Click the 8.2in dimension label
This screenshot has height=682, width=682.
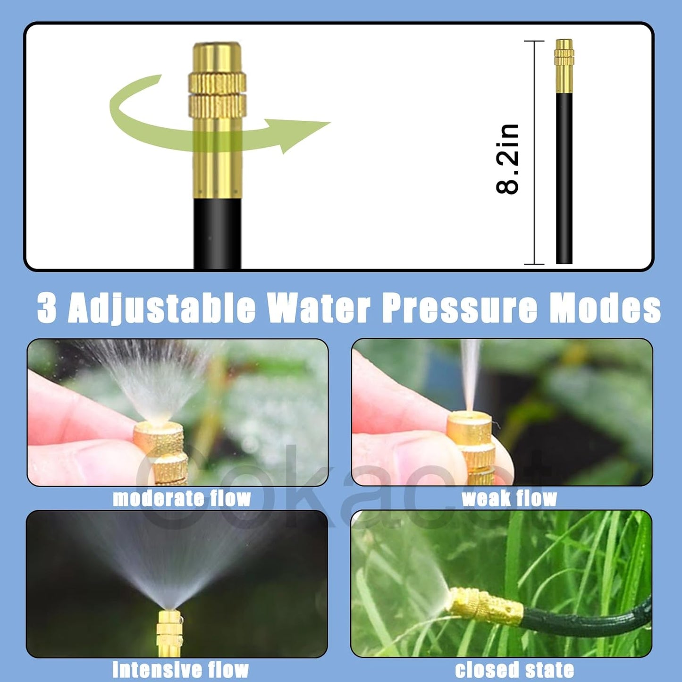point(508,159)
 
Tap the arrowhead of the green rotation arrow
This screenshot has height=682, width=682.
point(302,134)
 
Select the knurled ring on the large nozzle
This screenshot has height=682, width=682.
point(217,94)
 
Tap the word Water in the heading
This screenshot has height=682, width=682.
point(319,308)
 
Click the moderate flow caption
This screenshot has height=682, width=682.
point(182,498)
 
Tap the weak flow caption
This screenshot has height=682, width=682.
point(509,498)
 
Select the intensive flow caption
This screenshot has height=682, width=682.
point(180,669)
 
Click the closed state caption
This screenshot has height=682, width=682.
point(514,669)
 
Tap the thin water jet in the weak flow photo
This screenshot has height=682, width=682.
point(470,373)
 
